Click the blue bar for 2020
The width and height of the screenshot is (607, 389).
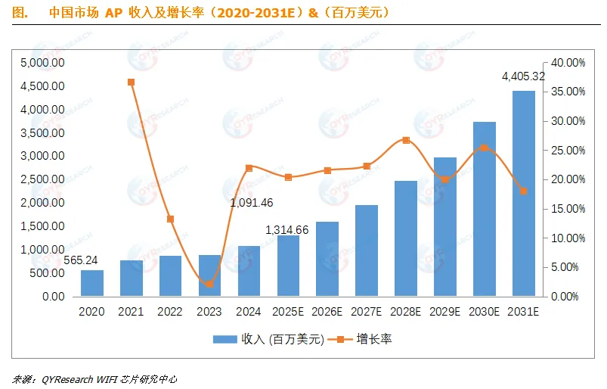(x=92, y=283)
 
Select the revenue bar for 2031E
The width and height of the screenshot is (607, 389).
(x=523, y=193)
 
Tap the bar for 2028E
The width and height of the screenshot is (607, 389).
(x=406, y=238)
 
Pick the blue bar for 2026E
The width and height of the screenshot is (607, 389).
(x=327, y=259)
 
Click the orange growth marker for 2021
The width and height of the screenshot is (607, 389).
(x=132, y=82)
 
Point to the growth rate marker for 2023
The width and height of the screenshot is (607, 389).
(x=209, y=284)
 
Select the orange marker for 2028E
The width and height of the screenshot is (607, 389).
(x=406, y=140)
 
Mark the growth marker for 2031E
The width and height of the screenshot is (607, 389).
(x=523, y=191)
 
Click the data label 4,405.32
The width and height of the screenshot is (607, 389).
(x=523, y=76)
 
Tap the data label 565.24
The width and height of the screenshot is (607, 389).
(x=81, y=260)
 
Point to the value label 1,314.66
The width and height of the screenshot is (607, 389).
(x=286, y=230)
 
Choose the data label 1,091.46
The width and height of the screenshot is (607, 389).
(x=252, y=203)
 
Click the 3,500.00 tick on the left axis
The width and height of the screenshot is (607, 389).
(x=42, y=133)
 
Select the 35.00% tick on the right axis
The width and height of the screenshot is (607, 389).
(x=568, y=92)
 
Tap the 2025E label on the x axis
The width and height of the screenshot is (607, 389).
(x=288, y=312)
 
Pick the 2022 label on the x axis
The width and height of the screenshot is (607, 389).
(x=170, y=312)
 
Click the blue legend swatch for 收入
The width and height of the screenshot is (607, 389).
(x=225, y=339)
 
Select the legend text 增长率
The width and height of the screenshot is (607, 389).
(x=374, y=339)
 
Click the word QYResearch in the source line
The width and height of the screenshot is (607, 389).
(x=67, y=379)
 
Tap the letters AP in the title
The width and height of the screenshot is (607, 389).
(x=114, y=13)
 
